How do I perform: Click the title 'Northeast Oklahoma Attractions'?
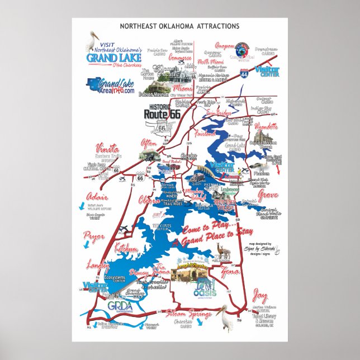179,26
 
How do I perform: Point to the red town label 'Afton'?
149,142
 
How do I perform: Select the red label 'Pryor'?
94,236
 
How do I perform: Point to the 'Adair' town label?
94,197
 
